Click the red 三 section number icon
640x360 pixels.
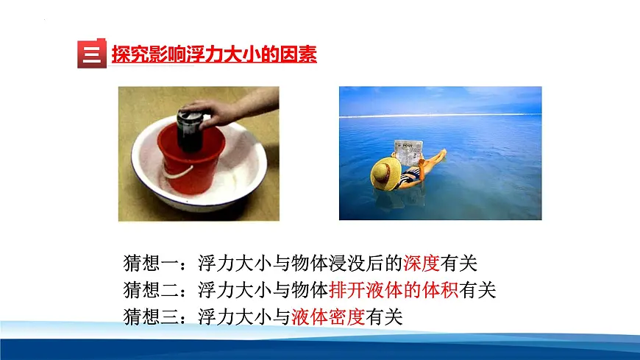click(x=91, y=54)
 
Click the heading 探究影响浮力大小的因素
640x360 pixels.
click(x=213, y=54)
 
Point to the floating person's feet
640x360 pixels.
click(x=441, y=154)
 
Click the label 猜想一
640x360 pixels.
click(x=152, y=263)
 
